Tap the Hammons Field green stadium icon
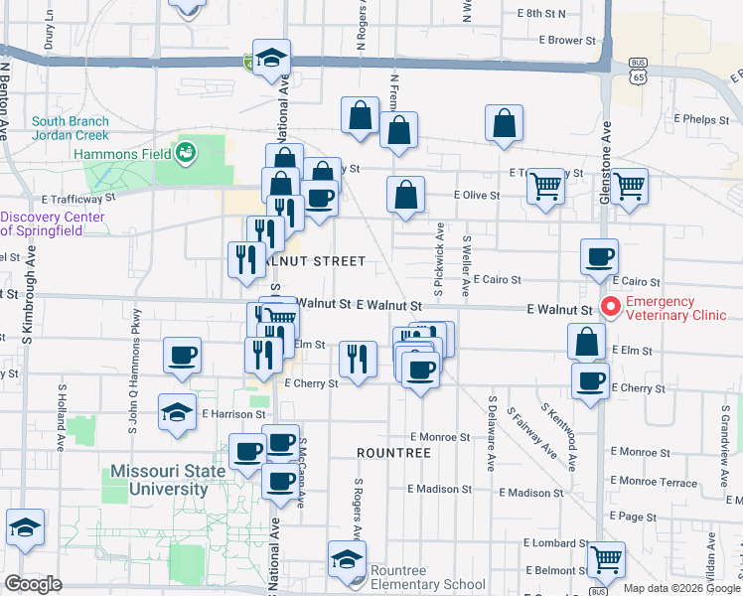coord(185,152)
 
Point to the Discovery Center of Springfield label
coord(55,224)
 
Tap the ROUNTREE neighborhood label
coord(393,453)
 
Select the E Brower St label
coord(566,41)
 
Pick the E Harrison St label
coord(233,414)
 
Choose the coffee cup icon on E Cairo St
coord(599,256)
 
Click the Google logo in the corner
coord(33,584)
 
